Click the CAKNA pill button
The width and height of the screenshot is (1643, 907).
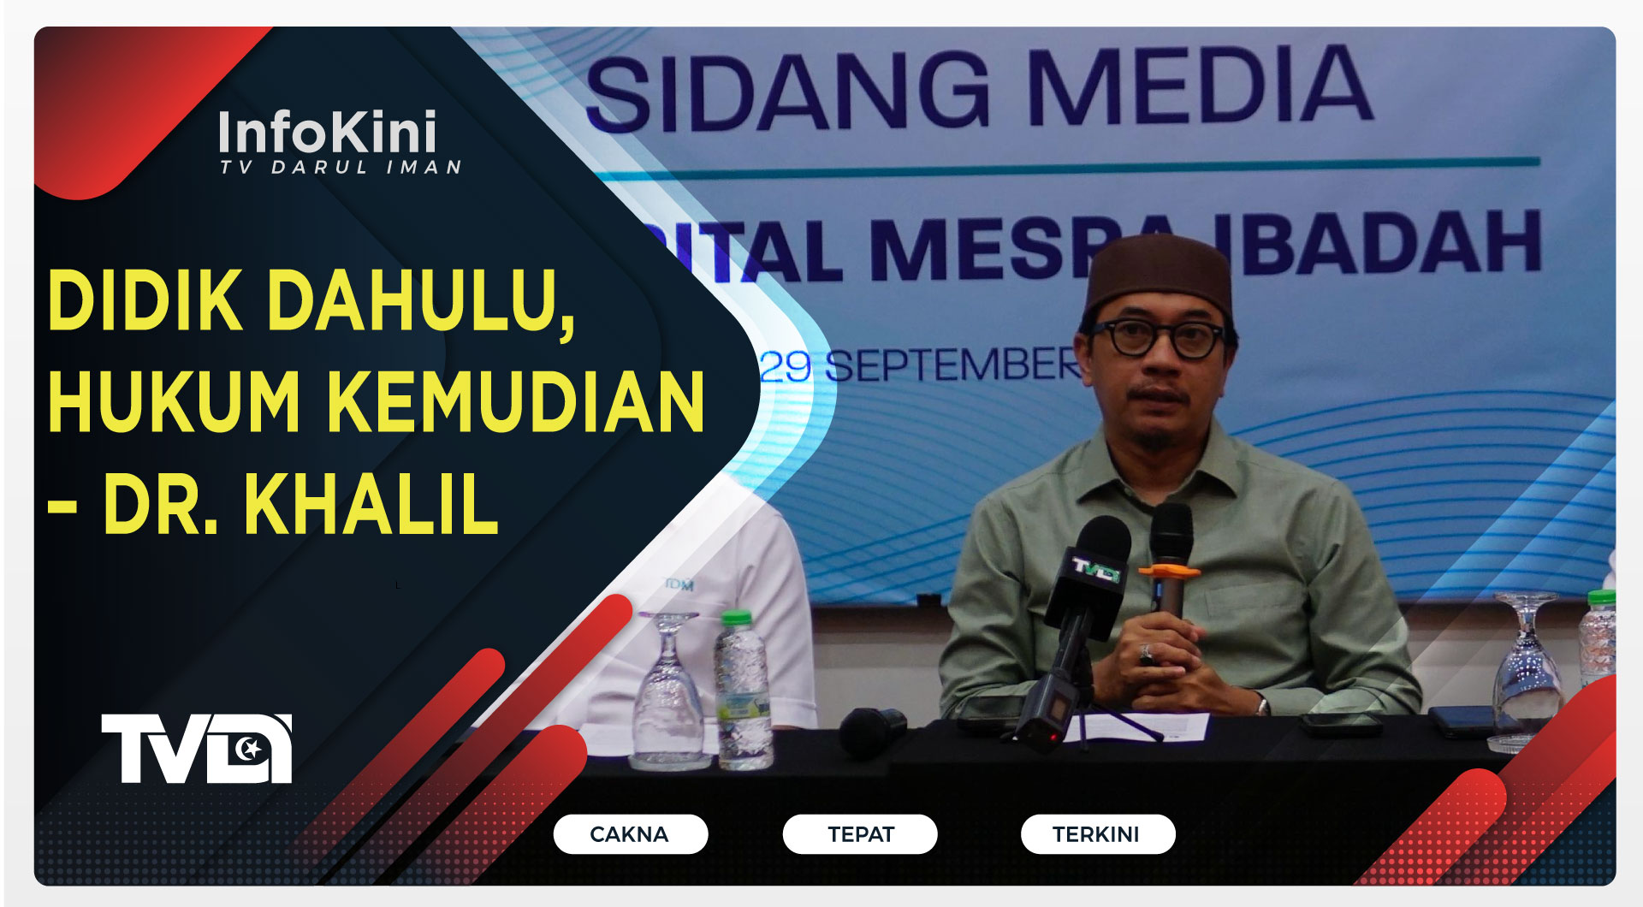click(630, 834)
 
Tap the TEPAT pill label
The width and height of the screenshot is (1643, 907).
click(860, 834)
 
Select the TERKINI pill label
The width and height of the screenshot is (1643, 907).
click(1096, 834)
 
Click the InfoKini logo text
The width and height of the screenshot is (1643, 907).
click(327, 133)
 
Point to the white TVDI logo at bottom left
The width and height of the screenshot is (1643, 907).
click(197, 749)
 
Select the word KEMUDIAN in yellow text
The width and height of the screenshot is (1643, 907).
click(516, 402)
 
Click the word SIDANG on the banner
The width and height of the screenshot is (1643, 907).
click(787, 92)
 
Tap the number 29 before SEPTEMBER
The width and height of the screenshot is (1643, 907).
click(785, 367)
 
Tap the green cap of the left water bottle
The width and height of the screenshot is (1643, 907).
click(735, 618)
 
